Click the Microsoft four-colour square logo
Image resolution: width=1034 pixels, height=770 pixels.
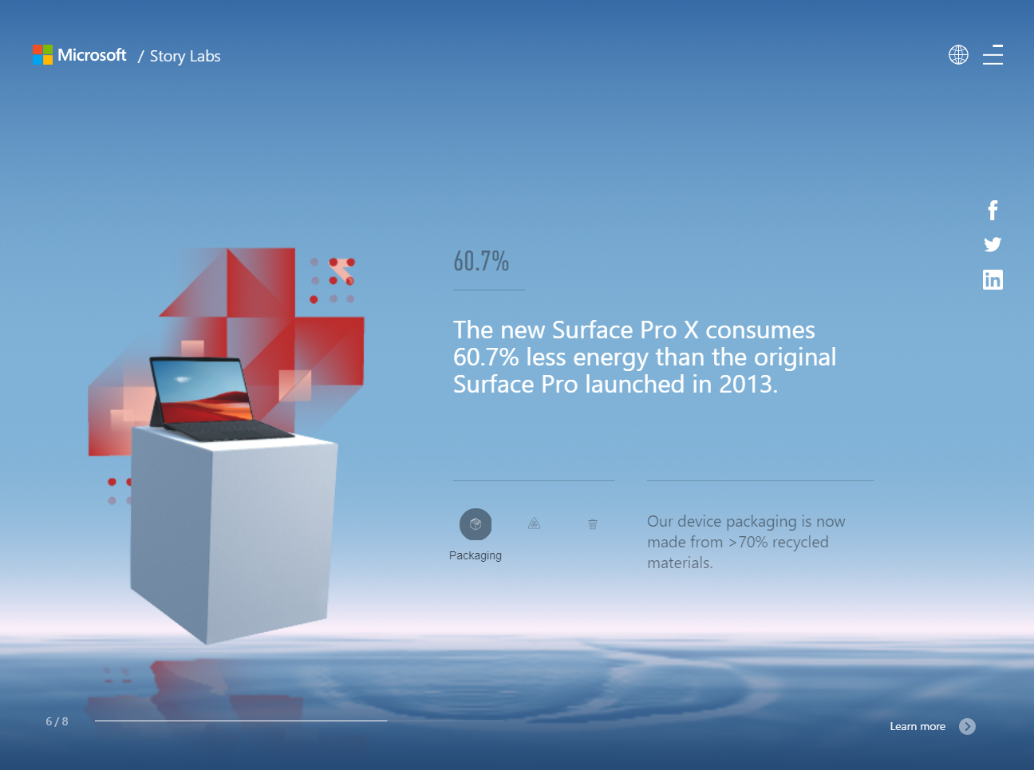click(x=42, y=55)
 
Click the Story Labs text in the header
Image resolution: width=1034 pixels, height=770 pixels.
click(x=185, y=57)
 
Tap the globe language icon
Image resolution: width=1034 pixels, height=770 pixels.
click(x=958, y=55)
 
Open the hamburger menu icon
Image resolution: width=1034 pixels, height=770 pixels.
click(x=993, y=55)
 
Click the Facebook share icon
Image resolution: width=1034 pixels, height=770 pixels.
click(x=993, y=211)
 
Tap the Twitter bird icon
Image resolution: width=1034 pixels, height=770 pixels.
click(x=993, y=244)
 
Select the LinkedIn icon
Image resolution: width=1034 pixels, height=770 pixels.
click(x=993, y=280)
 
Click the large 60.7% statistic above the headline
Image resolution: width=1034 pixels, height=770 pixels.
click(x=481, y=261)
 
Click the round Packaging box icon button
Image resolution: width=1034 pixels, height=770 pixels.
click(x=476, y=524)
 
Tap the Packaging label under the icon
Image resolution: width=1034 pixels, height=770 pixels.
click(x=476, y=556)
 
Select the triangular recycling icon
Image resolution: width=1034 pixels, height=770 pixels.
click(x=535, y=523)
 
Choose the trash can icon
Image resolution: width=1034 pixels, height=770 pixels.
click(x=593, y=524)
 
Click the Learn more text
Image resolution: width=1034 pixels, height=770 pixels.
click(x=918, y=727)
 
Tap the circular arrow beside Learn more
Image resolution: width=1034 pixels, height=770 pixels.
click(x=967, y=727)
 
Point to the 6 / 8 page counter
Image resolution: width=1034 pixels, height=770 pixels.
click(x=57, y=722)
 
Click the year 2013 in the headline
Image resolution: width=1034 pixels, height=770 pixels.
click(x=748, y=385)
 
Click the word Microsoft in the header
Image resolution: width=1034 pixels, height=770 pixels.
click(x=92, y=55)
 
